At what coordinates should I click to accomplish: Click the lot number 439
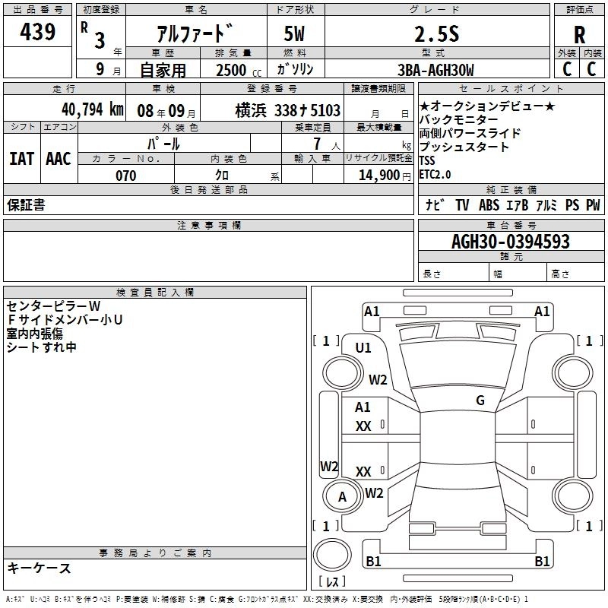[x=37, y=31]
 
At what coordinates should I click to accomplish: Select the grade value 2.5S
[x=436, y=34]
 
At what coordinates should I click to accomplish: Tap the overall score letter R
[x=579, y=35]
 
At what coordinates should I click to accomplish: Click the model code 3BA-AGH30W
[x=435, y=70]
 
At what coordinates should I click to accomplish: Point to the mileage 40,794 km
[x=92, y=109]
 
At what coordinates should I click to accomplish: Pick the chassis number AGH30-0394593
[x=510, y=242]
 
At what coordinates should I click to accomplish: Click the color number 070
[x=126, y=176]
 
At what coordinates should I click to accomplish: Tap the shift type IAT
[x=22, y=159]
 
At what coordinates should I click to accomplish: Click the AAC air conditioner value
[x=59, y=159]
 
